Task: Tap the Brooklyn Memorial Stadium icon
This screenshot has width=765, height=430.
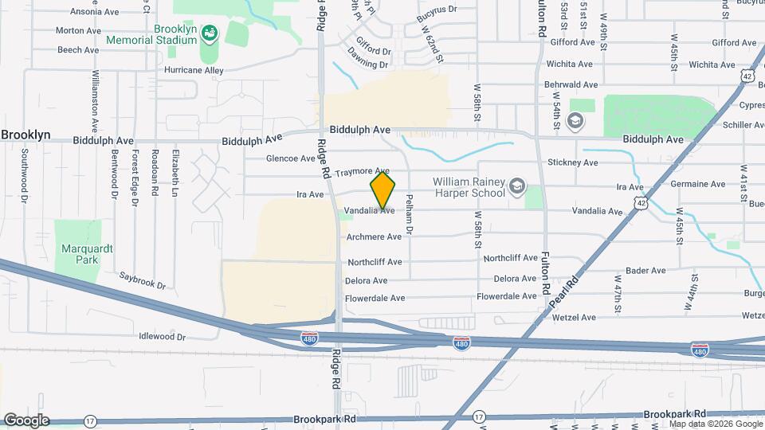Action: [x=209, y=33]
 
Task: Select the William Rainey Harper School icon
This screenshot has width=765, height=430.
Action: [x=517, y=186]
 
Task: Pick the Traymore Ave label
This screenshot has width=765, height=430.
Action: [x=362, y=172]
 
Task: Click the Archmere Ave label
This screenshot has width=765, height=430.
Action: [x=375, y=236]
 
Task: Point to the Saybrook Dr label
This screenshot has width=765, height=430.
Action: [x=142, y=280]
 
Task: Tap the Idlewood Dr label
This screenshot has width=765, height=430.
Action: [x=162, y=337]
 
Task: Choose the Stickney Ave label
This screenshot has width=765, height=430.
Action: [x=572, y=162]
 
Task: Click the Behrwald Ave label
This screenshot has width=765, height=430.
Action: [x=571, y=84]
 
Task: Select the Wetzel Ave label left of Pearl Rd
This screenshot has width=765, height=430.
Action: [x=574, y=317]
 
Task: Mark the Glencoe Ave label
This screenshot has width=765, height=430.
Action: [x=291, y=158]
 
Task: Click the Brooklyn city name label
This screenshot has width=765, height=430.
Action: [x=26, y=135]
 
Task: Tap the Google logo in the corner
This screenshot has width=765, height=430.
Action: [x=26, y=420]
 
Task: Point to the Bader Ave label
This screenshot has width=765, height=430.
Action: [x=645, y=271]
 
